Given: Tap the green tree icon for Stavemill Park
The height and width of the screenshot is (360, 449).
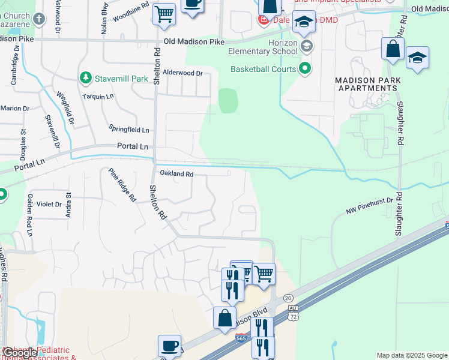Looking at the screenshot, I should [x=85, y=78].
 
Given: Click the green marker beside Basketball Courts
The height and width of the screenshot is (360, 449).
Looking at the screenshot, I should [x=305, y=69].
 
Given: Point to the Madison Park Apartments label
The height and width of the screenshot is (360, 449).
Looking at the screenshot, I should [x=366, y=84].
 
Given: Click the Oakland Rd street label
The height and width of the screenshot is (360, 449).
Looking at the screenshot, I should [x=176, y=174].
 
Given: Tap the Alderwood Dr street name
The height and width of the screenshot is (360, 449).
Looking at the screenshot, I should [x=183, y=73].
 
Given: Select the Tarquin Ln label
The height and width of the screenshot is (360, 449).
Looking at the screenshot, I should [x=98, y=97].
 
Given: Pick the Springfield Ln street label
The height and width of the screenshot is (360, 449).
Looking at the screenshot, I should [x=128, y=130].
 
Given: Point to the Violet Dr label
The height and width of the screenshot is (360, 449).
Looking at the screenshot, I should [x=50, y=204].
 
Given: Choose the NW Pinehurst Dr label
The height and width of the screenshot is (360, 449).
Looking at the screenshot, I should [x=369, y=206].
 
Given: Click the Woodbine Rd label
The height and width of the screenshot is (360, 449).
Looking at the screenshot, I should [x=130, y=13].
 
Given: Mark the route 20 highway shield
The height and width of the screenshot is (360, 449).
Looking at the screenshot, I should [x=288, y=298].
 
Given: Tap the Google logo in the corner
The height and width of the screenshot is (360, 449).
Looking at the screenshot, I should [x=19, y=353].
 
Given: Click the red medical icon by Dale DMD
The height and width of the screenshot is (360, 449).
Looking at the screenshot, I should [x=263, y=20].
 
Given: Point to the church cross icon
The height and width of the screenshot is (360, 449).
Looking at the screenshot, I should [x=39, y=18].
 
